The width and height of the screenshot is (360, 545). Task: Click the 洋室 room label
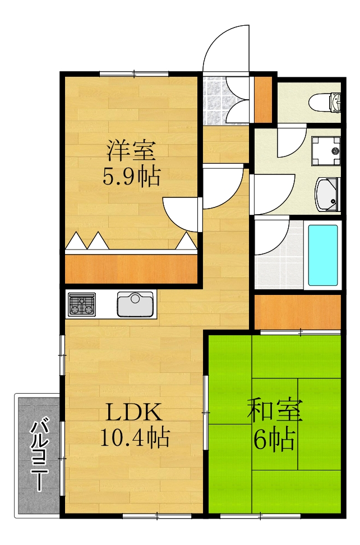click(132, 150)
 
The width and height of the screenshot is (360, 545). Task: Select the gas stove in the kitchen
click(82, 305)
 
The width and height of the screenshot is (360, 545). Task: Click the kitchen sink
click(135, 304)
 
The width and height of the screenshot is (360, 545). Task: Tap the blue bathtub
click(323, 256)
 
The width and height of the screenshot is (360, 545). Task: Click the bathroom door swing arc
click(272, 235)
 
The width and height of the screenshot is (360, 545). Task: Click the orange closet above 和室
click(298, 312)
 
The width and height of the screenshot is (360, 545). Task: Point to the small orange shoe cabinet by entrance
click(262, 99)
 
